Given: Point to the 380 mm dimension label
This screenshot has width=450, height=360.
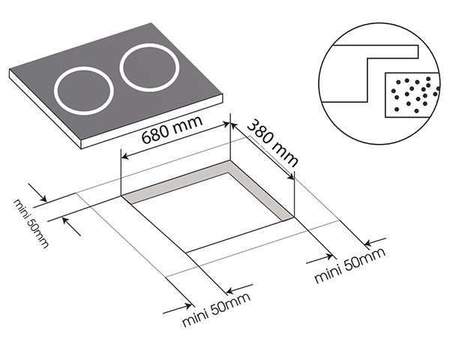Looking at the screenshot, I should [273, 142].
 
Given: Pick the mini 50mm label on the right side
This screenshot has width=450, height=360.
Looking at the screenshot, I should [349, 265].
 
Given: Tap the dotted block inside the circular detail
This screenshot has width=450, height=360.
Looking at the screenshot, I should [409, 95].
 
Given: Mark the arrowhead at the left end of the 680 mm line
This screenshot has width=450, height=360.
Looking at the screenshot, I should [124, 157].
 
